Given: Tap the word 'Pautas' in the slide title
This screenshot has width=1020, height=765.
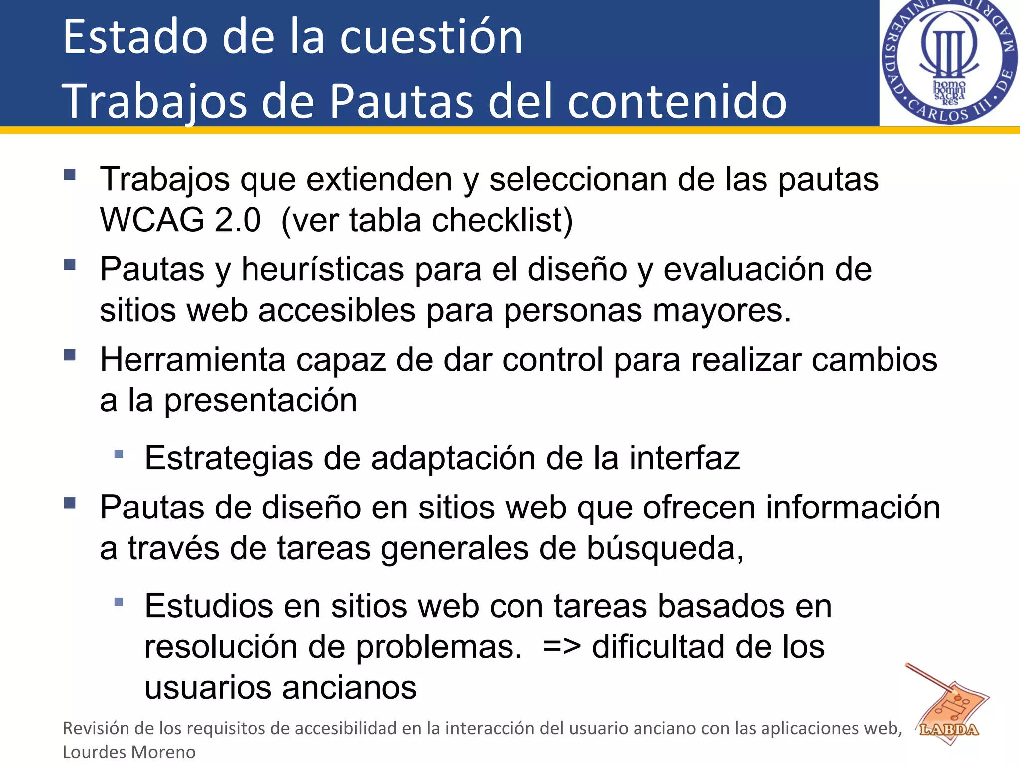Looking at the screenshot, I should click(401, 101).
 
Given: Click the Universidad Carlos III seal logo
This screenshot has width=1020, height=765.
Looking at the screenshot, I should click(949, 62).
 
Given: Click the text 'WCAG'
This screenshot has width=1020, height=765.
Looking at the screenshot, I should click(151, 220).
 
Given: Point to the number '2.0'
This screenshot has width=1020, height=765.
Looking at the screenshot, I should click(238, 220).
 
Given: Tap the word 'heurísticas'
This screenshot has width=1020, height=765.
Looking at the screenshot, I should click(323, 269).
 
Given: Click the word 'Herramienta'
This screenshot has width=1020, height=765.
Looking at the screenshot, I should click(193, 359).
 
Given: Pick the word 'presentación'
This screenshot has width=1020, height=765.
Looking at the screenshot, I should click(260, 400).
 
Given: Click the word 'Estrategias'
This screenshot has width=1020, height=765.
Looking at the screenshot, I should click(229, 458).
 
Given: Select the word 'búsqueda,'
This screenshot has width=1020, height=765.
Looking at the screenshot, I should click(665, 548).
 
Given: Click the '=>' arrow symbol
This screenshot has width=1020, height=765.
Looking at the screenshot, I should click(562, 647).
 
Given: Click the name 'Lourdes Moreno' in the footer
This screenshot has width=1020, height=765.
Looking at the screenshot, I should click(129, 752).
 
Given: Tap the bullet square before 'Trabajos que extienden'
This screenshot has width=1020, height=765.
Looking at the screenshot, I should click(70, 175).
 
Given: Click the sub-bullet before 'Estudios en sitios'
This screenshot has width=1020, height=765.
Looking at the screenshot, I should click(119, 602).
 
